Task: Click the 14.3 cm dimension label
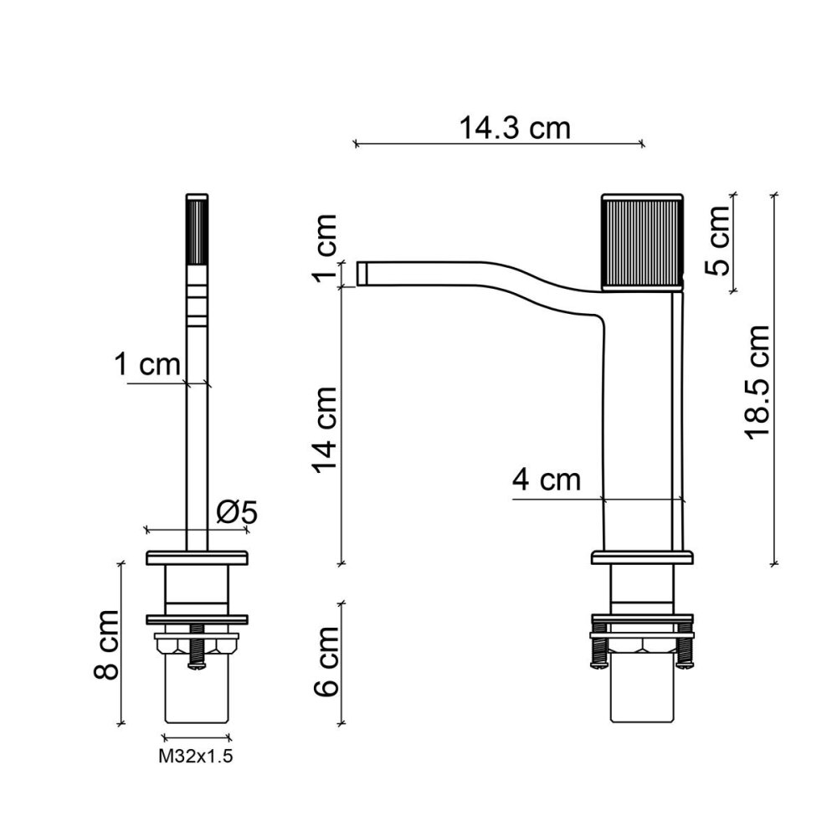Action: pos(515,129)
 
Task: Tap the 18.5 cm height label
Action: pos(757,383)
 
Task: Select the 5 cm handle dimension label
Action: pos(717,240)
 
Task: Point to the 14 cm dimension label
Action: pos(326,430)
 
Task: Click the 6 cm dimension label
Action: pos(326,662)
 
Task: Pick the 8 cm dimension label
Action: pos(105,644)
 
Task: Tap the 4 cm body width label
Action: pos(546,480)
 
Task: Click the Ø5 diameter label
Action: pos(237,512)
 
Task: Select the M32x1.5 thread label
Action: pos(195,757)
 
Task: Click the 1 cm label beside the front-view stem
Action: pos(147,365)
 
